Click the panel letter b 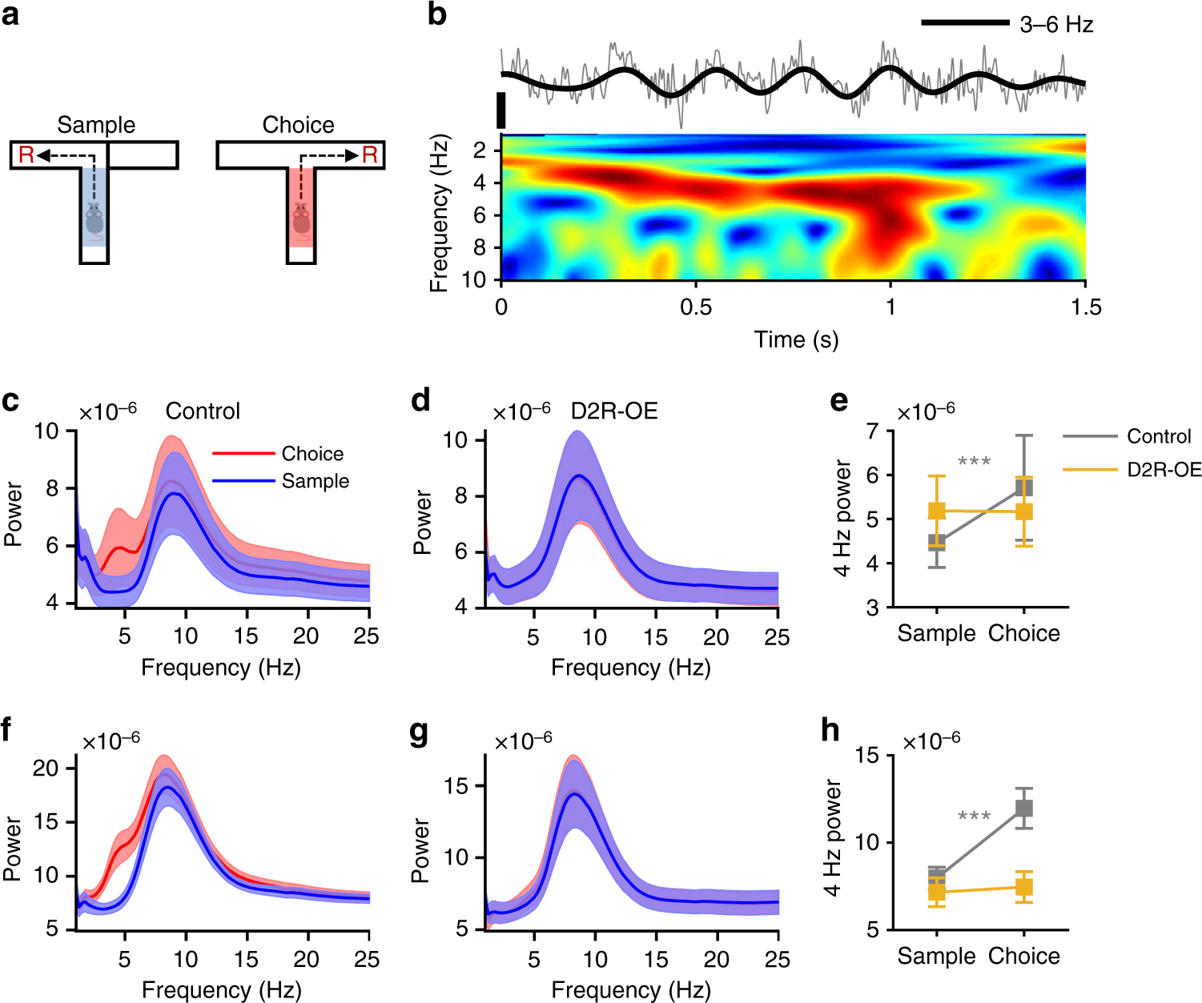click(x=437, y=14)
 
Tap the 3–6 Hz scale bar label click(x=1056, y=25)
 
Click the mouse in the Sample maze click(x=94, y=221)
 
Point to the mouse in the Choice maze click(x=301, y=219)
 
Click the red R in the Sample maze click(x=26, y=155)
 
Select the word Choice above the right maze click(x=298, y=125)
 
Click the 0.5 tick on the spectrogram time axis click(x=695, y=307)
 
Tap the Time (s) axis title click(x=796, y=339)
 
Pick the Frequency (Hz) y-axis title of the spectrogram click(x=440, y=213)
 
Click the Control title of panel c click(x=203, y=411)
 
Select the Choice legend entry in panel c click(x=312, y=454)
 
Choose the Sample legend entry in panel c click(x=316, y=481)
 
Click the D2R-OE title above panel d click(x=614, y=411)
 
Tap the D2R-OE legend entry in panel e click(x=1164, y=469)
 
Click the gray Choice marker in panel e click(x=1023, y=487)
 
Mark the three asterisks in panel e click(x=974, y=462)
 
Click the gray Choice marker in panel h click(x=1023, y=808)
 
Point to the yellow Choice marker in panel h click(x=1023, y=887)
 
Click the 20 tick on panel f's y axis click(x=46, y=768)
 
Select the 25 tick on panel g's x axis click(x=777, y=960)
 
